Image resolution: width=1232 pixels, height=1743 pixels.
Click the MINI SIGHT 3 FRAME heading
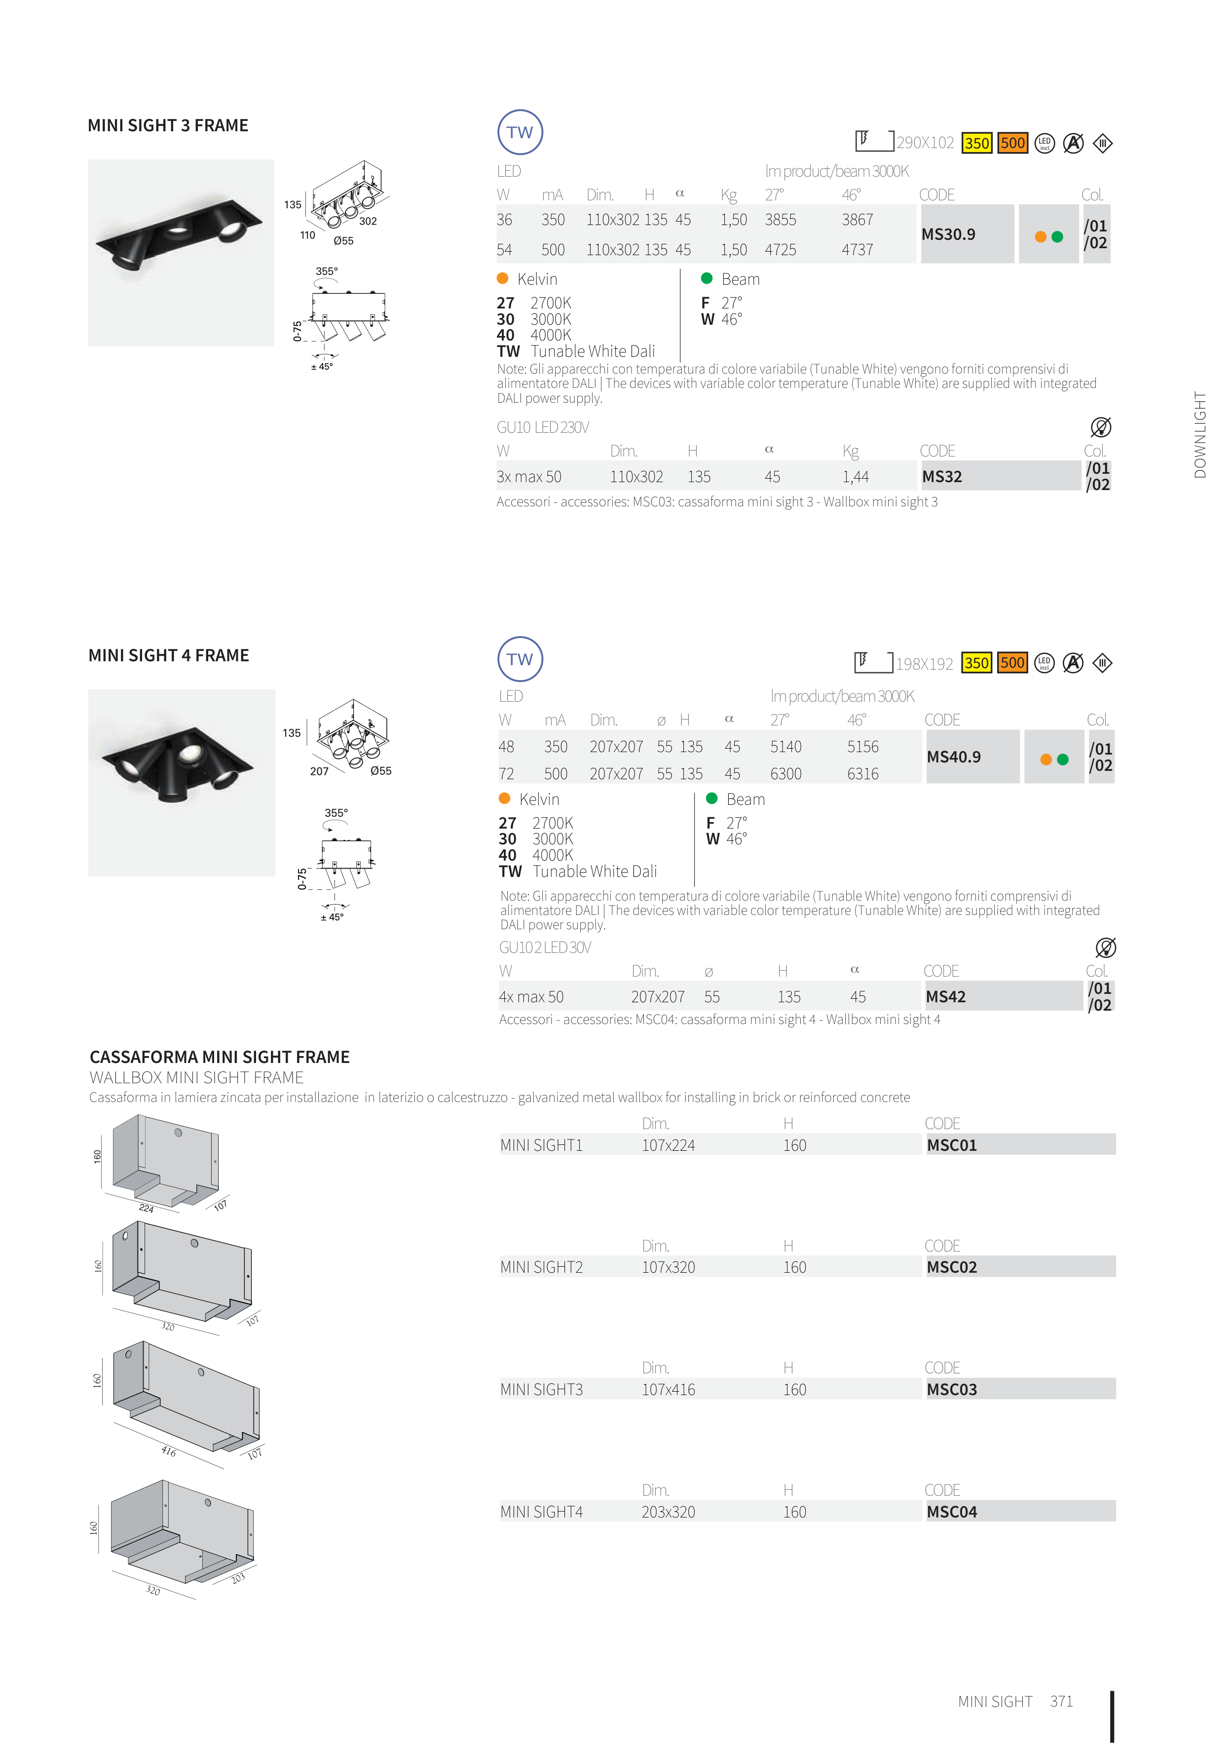pyautogui.click(x=168, y=125)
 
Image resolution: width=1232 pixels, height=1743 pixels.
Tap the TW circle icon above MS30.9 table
pyautogui.click(x=520, y=132)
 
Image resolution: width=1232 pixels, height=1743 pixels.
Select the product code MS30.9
pyautogui.click(x=948, y=234)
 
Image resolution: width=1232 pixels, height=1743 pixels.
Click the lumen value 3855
pyautogui.click(x=781, y=220)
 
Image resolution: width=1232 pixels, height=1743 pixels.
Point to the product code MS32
pyautogui.click(x=942, y=477)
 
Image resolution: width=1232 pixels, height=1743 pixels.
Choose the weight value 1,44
pyautogui.click(x=856, y=477)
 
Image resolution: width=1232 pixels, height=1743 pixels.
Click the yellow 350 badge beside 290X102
pyautogui.click(x=976, y=143)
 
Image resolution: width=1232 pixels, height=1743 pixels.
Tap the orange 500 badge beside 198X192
pyautogui.click(x=1012, y=663)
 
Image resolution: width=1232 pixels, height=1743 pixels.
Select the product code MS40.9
pyautogui.click(x=953, y=757)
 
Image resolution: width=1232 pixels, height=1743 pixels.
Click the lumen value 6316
pyautogui.click(x=863, y=774)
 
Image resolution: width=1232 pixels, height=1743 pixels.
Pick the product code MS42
pyautogui.click(x=945, y=997)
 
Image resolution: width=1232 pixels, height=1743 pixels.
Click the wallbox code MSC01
pyautogui.click(x=952, y=1145)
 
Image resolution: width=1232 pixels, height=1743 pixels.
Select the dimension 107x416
pyautogui.click(x=668, y=1389)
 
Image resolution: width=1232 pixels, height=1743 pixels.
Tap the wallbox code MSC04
pyautogui.click(x=952, y=1512)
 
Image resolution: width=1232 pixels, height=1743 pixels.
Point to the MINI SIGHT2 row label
pyautogui.click(x=541, y=1267)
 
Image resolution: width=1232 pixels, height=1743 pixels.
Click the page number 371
pyautogui.click(x=1061, y=1701)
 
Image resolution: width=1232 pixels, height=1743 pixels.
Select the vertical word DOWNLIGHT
pyautogui.click(x=1199, y=435)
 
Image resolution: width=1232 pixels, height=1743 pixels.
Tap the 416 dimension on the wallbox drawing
pyautogui.click(x=169, y=1451)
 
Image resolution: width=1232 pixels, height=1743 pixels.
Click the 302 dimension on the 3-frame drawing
pyautogui.click(x=368, y=221)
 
